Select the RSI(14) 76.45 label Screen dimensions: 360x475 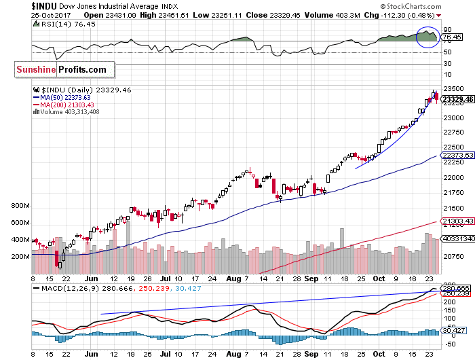pyautogui.click(x=55, y=23)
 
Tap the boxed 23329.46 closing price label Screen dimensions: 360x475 pyautogui.click(x=457, y=99)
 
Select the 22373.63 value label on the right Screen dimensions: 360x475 pyautogui.click(x=457, y=156)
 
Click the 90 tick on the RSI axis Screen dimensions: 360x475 pyautogui.click(x=447, y=29)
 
